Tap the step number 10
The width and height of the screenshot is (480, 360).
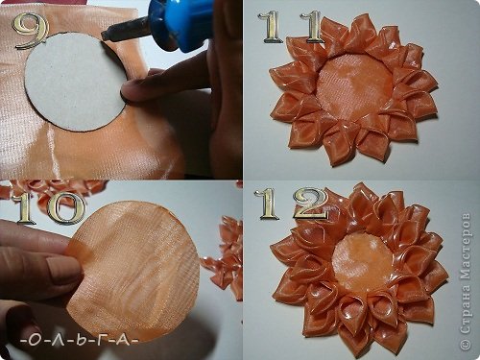[x=49, y=207]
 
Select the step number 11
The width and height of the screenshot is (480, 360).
[x=291, y=27]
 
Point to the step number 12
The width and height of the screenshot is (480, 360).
[x=291, y=203]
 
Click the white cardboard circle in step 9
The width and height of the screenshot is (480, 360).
[x=76, y=82]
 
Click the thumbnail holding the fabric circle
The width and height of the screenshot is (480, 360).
[x=63, y=268]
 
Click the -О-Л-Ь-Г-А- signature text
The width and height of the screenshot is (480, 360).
[x=79, y=340]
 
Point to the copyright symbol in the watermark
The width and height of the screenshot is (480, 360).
[x=466, y=344]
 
